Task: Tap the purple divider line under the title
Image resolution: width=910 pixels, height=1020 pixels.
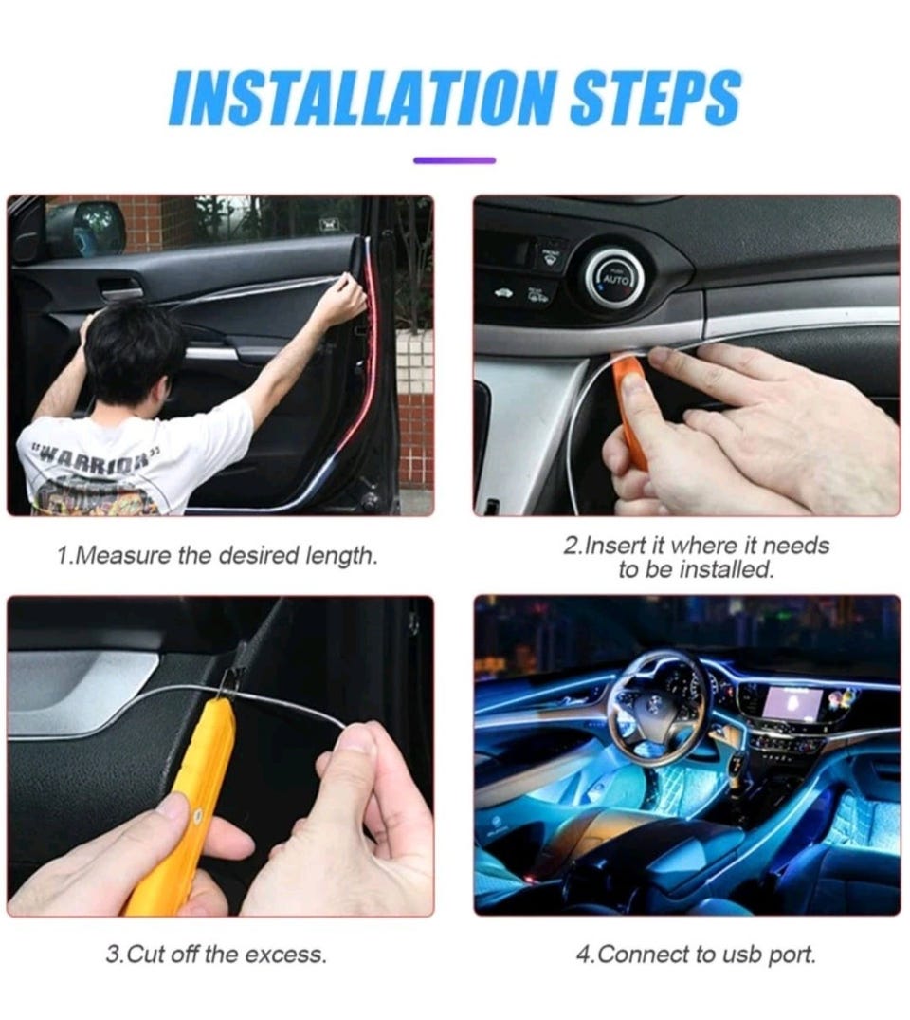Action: point(454,160)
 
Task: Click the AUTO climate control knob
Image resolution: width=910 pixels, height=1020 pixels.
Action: point(614,280)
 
